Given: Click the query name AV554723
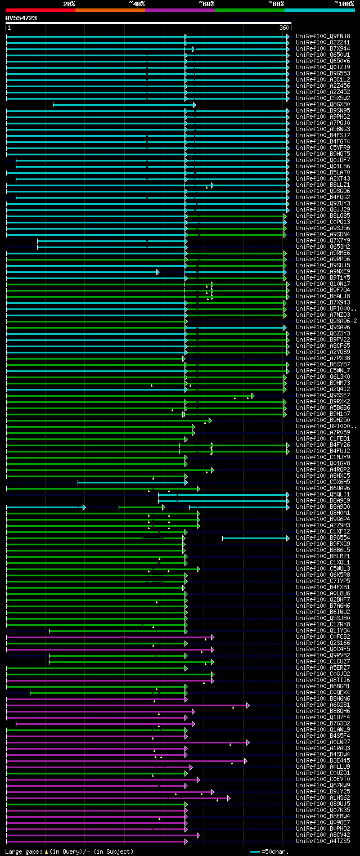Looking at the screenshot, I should coord(21,18).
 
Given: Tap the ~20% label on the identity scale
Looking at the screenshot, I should coord(69,3).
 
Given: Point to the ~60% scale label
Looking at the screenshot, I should coord(206,3).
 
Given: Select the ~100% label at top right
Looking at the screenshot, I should coord(343,3).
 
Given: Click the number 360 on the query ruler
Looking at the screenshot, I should coord(283,28).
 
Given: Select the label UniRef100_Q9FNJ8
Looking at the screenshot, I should coord(323,36).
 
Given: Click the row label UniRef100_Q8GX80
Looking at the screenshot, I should coord(323,104).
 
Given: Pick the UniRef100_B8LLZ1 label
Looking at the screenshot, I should coord(323,185).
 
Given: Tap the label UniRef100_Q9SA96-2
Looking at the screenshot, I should coord(326,321).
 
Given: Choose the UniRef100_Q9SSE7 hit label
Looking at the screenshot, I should coord(323,395).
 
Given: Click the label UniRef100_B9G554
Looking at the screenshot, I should coord(323,537).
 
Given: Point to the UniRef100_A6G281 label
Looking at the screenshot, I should coord(323,705).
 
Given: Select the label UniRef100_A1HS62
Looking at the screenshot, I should coord(323,797).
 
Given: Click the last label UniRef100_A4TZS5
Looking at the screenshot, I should coord(323,841).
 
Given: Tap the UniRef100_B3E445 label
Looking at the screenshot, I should coord(323,760).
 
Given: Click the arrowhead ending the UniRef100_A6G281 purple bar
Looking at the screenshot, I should coord(247,705).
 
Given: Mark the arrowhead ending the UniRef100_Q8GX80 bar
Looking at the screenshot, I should coord(194,105).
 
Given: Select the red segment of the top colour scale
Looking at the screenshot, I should coord(39,10).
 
